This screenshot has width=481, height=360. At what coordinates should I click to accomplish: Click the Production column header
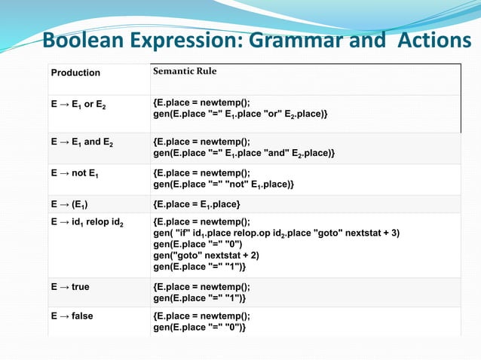(x=75, y=73)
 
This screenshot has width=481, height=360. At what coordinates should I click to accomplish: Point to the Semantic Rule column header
(x=185, y=72)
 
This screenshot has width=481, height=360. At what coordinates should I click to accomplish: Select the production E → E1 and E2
(x=81, y=141)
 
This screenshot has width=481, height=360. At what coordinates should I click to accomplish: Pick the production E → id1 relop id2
(x=87, y=222)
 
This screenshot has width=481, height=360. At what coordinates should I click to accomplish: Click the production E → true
(x=70, y=287)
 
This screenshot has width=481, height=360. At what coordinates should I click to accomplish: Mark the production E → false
(x=72, y=316)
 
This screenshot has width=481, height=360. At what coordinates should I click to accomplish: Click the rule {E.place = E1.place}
(x=197, y=204)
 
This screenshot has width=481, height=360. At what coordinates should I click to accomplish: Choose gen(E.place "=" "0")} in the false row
(x=199, y=328)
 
